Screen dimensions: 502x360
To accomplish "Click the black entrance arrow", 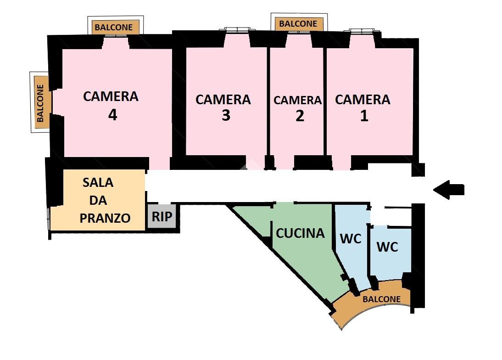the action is tap(448, 190).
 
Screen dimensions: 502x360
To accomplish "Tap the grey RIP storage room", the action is tap(162, 216).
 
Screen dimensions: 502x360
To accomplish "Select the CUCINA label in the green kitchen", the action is tap(300, 233).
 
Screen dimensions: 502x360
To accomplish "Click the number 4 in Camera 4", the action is tap(112, 115).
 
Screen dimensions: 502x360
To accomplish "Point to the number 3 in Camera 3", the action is tap(226, 115).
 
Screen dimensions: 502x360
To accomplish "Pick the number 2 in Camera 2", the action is tap(300, 116).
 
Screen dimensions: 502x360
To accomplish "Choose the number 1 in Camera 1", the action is tap(364, 116).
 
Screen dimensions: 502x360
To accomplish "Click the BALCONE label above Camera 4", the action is tap(114, 27).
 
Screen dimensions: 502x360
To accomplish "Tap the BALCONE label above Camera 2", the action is tap(298, 24).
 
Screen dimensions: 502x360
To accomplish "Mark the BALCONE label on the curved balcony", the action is tap(382, 299).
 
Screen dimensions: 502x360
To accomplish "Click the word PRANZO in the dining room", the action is tap(105, 218).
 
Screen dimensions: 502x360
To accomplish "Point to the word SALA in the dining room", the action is tap(98, 182).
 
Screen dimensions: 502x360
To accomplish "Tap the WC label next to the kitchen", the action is tap(351, 239).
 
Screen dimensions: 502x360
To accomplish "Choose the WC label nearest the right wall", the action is tap(387, 247).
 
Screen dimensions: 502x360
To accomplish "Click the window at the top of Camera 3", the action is tap(237, 30).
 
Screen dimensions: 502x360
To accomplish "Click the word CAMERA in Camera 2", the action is tap(298, 100).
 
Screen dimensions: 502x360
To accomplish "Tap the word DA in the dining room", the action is tap(98, 200).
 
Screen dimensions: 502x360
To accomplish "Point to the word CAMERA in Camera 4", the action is tap(111, 96).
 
